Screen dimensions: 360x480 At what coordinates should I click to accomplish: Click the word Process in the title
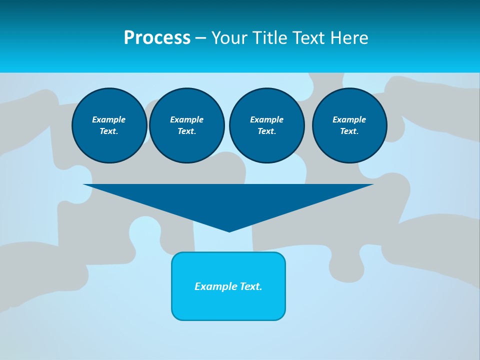tap(157, 38)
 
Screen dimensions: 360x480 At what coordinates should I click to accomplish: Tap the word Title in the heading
tap(269, 38)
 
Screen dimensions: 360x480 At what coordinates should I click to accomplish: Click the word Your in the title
tap(230, 38)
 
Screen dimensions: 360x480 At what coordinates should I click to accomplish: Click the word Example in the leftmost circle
tap(109, 119)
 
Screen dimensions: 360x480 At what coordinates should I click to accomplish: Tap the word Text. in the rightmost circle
tap(349, 131)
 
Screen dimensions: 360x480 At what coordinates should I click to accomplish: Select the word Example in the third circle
tap(266, 119)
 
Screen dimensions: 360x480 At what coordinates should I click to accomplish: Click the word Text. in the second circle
tap(186, 131)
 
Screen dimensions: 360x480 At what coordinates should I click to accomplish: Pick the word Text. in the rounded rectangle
tap(251, 286)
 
